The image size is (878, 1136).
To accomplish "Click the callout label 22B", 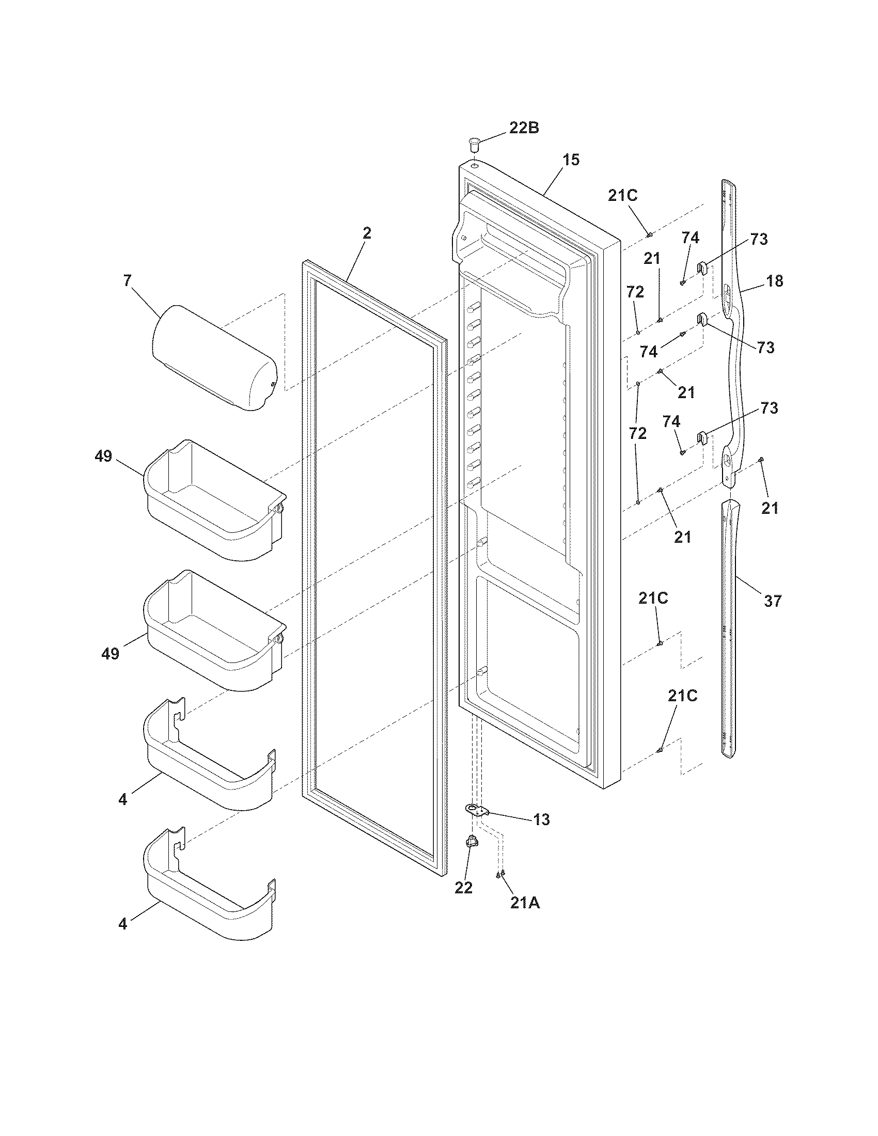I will point(523,128).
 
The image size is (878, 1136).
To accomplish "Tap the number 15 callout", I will point(571,160).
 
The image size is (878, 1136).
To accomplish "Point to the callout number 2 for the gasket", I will point(367,233).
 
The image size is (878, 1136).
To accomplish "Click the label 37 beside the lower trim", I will point(773,601).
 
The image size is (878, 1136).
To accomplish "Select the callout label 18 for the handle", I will point(774,281).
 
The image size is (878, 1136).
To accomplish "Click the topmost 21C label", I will point(623,196).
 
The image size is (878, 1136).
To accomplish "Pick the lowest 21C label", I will point(682,696).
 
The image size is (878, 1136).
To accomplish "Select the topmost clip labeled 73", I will point(702,269).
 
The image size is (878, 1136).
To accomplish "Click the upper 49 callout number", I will point(103,456).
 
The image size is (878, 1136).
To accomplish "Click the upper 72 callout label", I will point(635,292).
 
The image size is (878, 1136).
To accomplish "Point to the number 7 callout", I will point(128,280).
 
